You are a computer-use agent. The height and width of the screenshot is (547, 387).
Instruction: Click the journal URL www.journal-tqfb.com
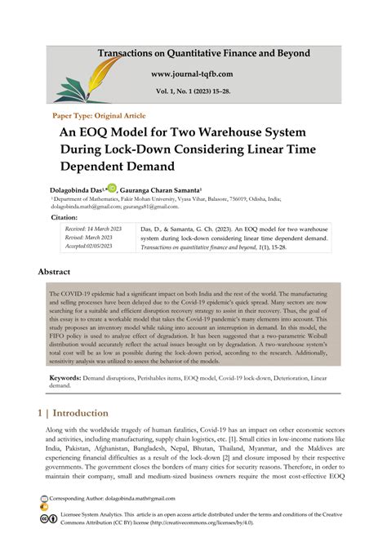(203, 73)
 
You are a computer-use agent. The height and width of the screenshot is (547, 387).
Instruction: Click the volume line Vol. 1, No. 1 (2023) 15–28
(203, 92)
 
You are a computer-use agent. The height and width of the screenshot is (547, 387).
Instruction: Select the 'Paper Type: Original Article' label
(99, 115)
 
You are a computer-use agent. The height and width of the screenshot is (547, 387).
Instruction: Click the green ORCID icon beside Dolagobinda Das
(112, 188)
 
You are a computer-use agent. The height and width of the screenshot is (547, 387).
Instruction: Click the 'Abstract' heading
(60, 271)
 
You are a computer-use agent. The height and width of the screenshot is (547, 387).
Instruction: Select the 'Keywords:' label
(69, 378)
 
